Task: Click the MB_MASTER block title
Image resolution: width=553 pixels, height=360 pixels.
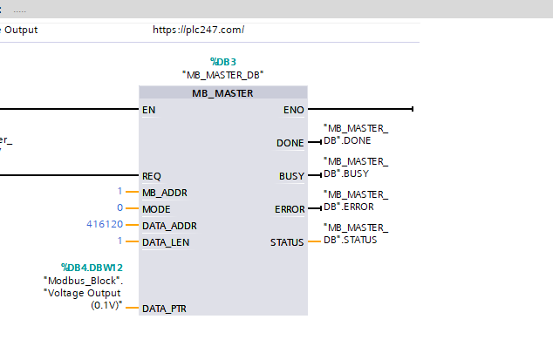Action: (x=222, y=93)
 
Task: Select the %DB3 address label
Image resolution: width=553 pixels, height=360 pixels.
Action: (x=223, y=62)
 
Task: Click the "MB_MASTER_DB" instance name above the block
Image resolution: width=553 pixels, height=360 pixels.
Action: (x=223, y=75)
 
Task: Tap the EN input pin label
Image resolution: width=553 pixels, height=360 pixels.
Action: (x=148, y=110)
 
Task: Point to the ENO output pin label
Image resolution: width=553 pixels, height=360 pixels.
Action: (x=293, y=110)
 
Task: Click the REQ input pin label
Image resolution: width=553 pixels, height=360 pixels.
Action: (x=151, y=176)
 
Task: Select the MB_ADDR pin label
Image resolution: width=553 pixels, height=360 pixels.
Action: (x=165, y=193)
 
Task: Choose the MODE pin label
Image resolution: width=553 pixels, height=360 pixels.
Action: (x=156, y=209)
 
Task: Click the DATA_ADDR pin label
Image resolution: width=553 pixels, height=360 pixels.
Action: (x=169, y=226)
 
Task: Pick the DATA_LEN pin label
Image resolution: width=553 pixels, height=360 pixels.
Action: (x=166, y=242)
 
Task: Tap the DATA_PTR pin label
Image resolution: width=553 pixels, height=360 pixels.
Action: (x=164, y=309)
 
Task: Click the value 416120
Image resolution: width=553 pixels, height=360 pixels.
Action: (x=105, y=224)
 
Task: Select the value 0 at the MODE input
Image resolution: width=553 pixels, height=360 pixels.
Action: (x=119, y=207)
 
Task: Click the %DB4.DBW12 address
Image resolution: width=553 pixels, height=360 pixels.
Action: (x=92, y=268)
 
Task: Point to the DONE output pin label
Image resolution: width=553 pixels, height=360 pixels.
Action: (x=290, y=143)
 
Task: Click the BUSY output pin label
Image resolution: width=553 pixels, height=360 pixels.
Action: (x=291, y=176)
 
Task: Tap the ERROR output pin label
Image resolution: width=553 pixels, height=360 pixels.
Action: (x=290, y=209)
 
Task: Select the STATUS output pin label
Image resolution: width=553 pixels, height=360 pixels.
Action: (x=287, y=242)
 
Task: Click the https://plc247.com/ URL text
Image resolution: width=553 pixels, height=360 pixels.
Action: (x=198, y=30)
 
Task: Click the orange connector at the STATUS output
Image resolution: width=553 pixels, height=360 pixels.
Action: (x=314, y=241)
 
